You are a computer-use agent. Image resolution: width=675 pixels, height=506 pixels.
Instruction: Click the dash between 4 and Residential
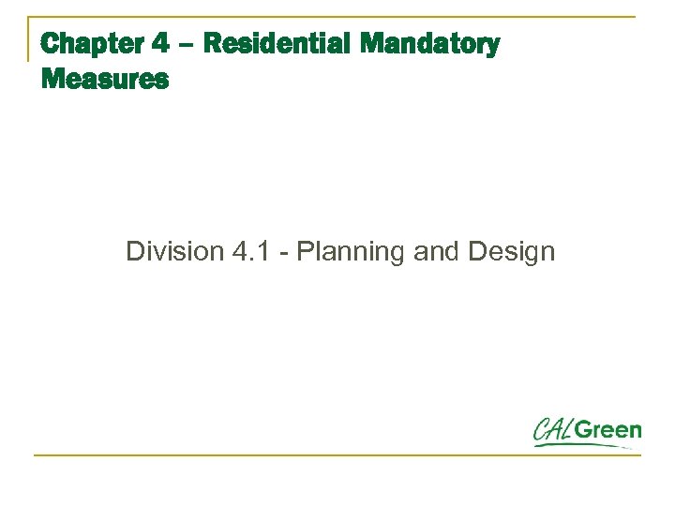point(186,45)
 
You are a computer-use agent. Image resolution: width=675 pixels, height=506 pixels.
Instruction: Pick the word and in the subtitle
point(432,251)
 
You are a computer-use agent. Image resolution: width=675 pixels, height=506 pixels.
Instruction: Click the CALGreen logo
point(587,432)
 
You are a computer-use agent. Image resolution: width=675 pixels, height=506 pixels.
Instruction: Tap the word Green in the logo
point(608,430)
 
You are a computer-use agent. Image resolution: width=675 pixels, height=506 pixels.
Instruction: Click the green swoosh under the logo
point(581,445)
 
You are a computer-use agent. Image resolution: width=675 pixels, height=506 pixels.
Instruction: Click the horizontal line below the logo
point(337,455)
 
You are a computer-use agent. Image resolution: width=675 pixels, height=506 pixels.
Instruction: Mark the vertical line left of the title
point(28,38)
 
